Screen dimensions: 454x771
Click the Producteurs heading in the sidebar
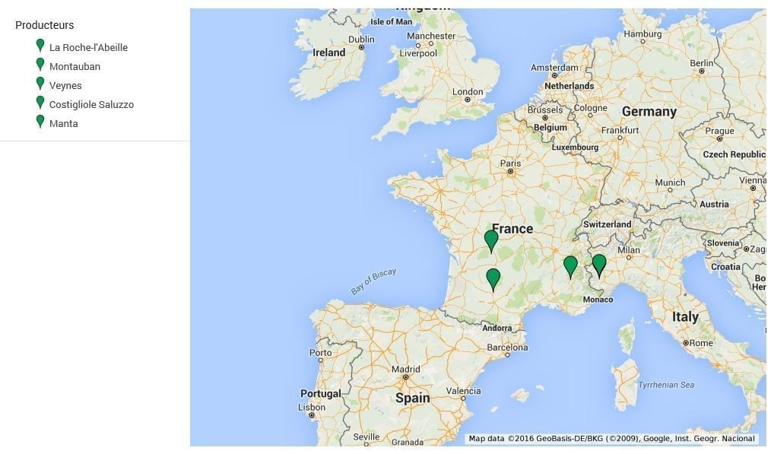[x=44, y=25]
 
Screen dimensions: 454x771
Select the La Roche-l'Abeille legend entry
[x=88, y=47]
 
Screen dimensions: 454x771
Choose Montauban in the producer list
[x=75, y=66]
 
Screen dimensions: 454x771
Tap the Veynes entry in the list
[x=65, y=85]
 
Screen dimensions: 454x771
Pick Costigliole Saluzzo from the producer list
[x=91, y=104]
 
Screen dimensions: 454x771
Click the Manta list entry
[x=63, y=123]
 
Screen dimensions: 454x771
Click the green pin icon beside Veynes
[x=40, y=84]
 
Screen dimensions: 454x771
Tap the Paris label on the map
[x=510, y=163]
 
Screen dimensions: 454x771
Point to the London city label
[x=468, y=91]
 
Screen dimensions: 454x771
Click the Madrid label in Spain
[x=405, y=370]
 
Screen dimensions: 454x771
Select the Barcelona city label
[x=507, y=348]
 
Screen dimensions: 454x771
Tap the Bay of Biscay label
[x=373, y=281]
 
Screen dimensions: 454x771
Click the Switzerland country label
[x=607, y=224]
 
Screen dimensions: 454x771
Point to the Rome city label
[x=700, y=343]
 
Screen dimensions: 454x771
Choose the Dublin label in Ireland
[x=361, y=40]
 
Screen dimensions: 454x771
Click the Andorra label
[x=497, y=328]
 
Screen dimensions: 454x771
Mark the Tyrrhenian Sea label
[x=665, y=385]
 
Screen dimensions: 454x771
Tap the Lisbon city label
[x=311, y=407]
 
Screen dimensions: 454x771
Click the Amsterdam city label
[x=554, y=68]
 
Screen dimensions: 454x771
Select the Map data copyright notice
[x=611, y=439]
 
